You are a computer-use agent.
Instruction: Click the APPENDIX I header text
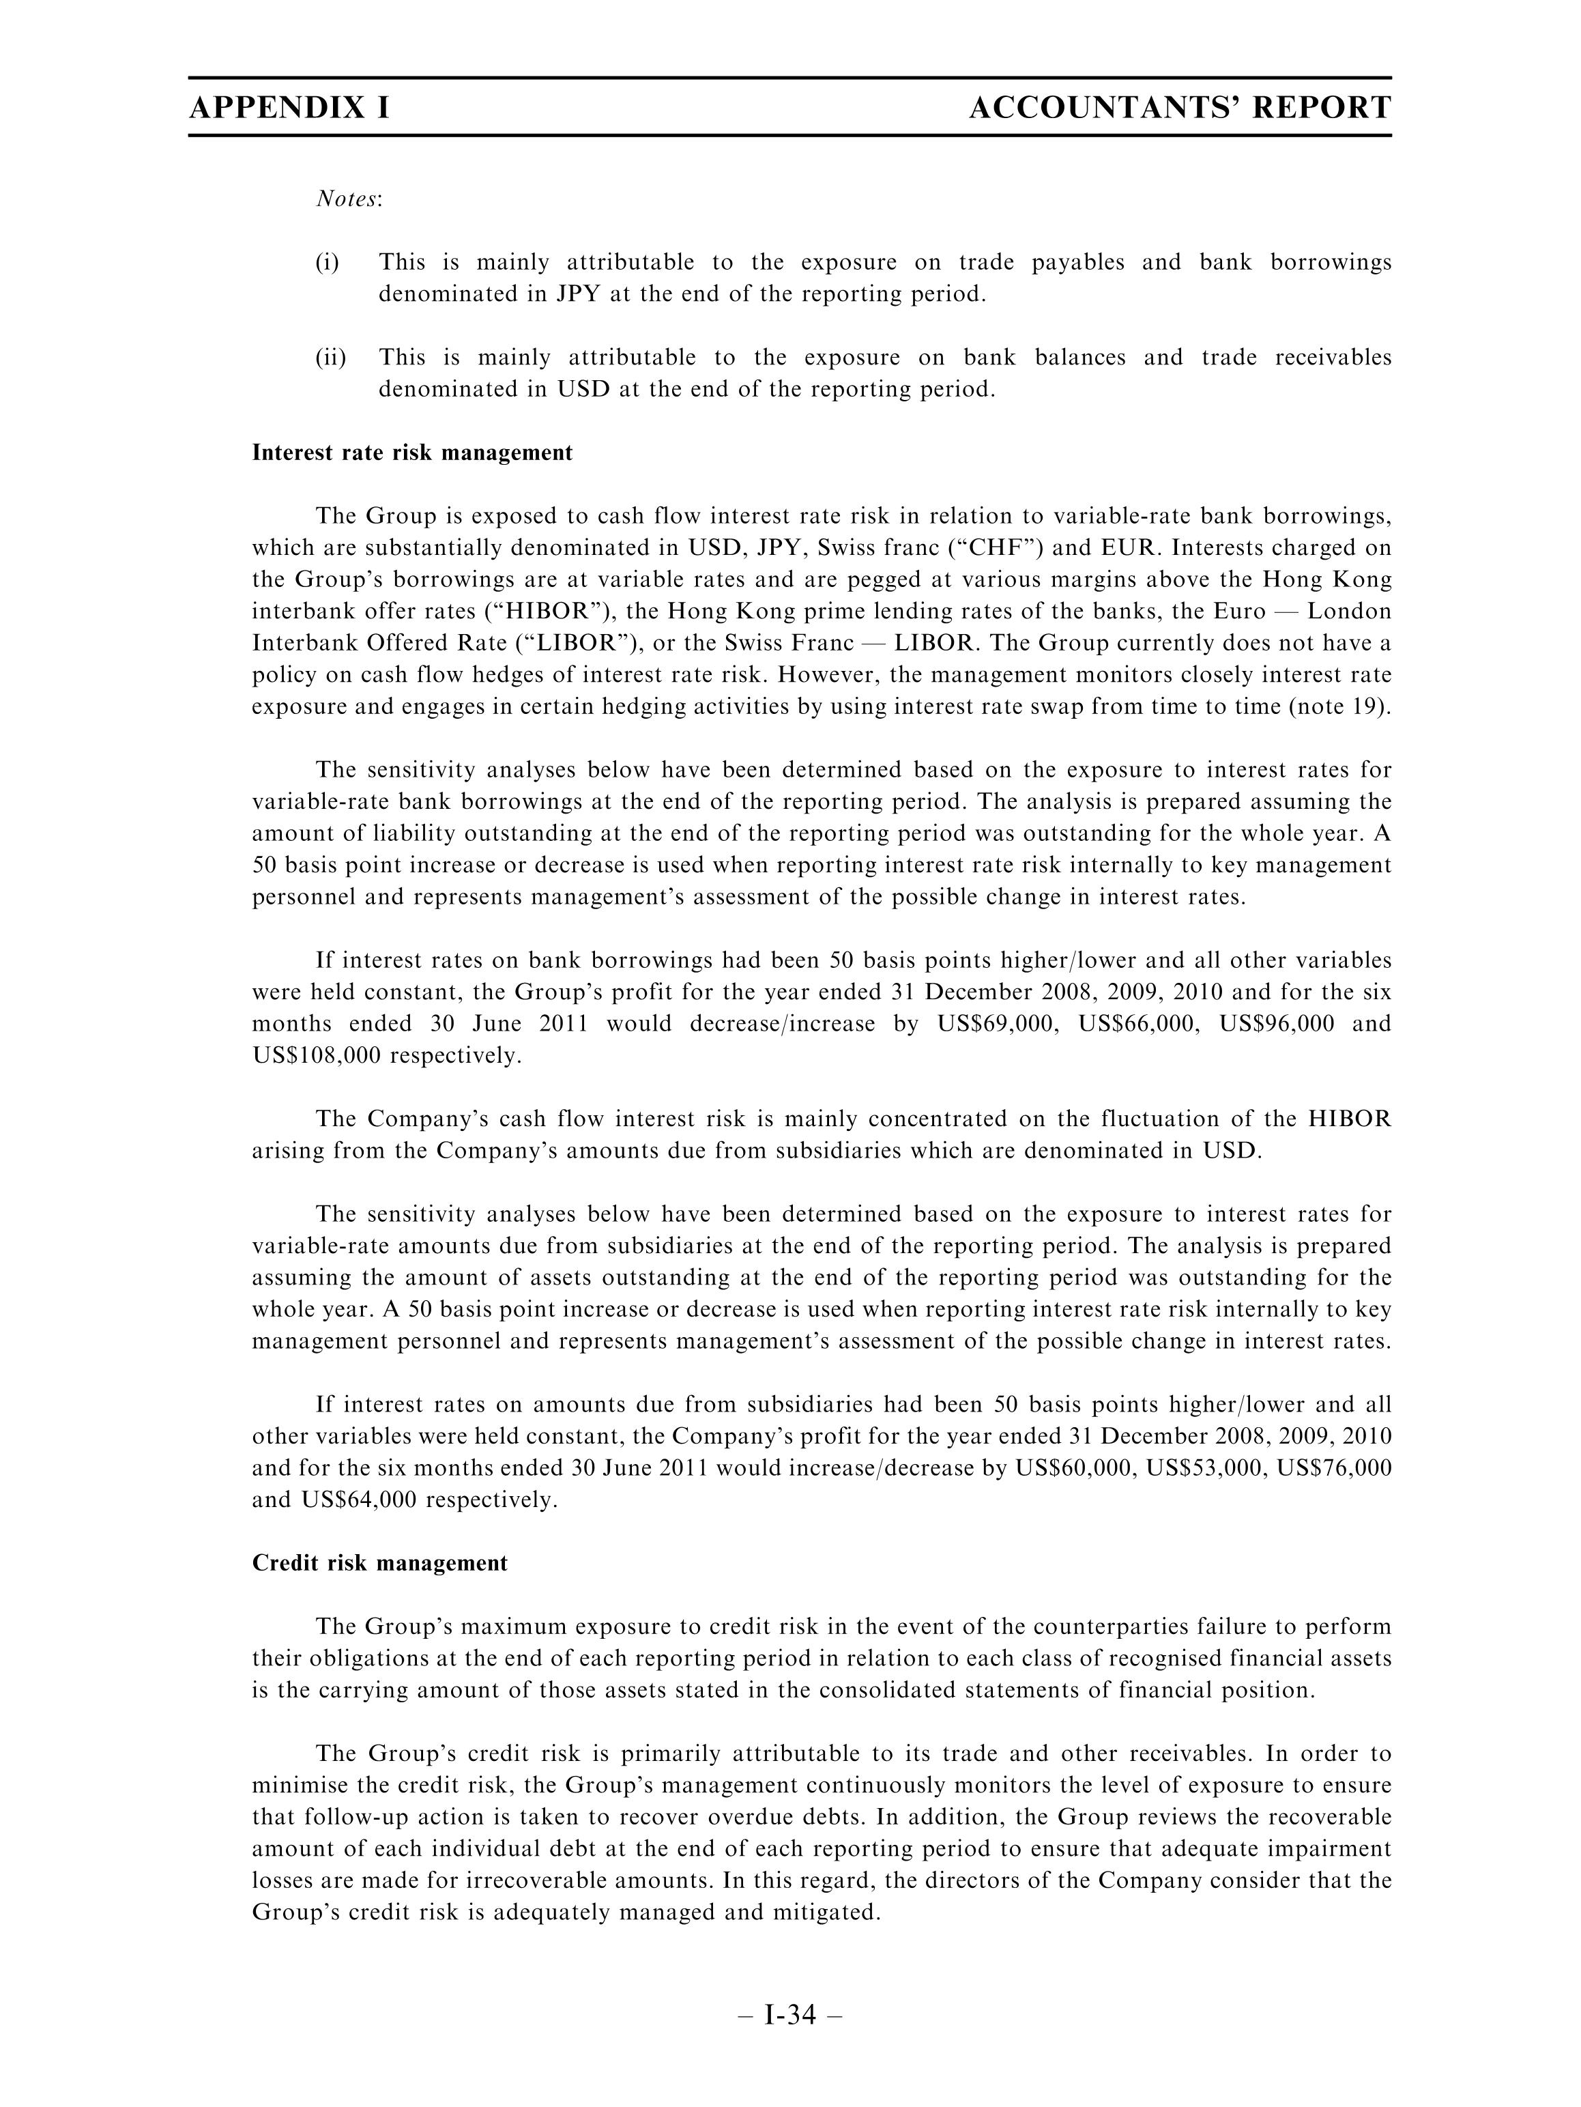click(289, 108)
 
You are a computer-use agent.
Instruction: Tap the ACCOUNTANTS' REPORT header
click(1179, 108)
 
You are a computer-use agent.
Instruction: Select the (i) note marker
click(327, 262)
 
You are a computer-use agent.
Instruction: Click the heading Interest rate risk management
click(412, 453)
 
